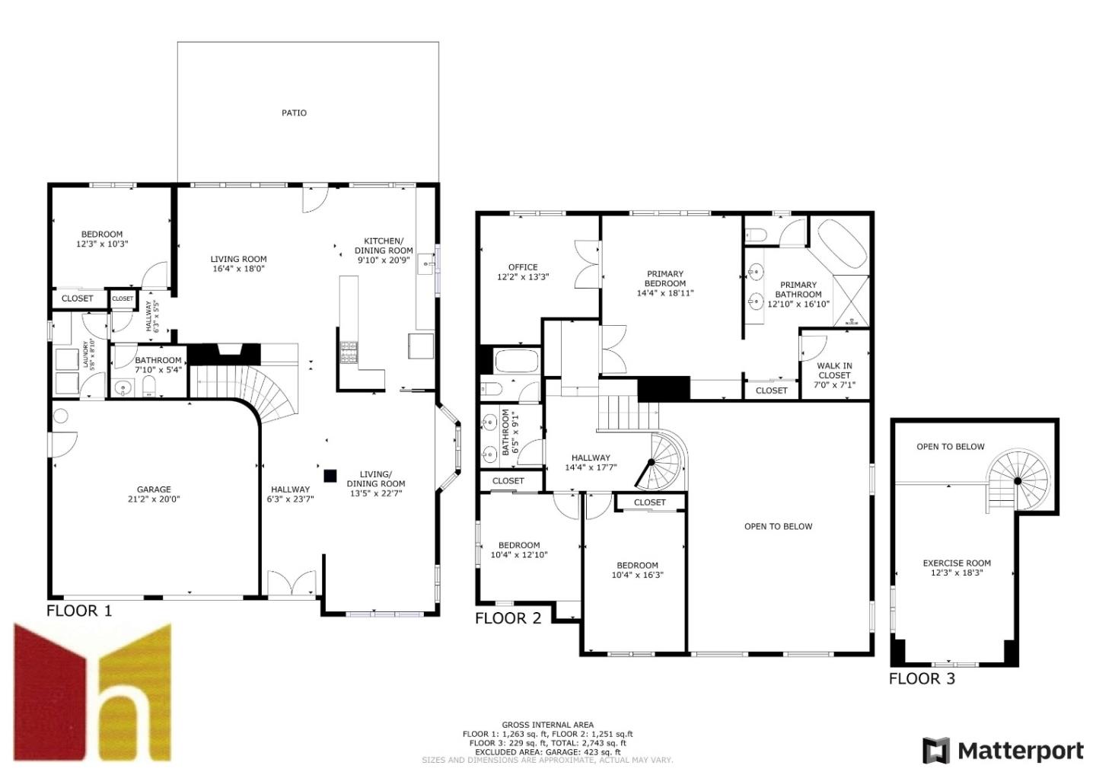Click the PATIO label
(x=294, y=113)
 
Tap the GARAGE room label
(x=154, y=490)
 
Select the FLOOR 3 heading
(x=922, y=678)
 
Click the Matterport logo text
(x=1020, y=751)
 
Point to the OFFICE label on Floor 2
(x=523, y=267)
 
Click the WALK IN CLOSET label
(x=834, y=371)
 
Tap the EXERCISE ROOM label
(x=957, y=563)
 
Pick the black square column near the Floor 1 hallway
(x=330, y=476)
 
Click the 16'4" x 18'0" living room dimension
(x=238, y=269)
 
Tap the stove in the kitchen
(x=349, y=352)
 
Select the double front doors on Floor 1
(x=292, y=582)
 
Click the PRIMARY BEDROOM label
(x=665, y=279)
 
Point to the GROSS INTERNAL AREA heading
(x=547, y=725)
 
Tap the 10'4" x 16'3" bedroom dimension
(x=637, y=576)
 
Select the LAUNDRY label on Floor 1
(x=85, y=355)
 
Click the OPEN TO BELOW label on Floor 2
(x=778, y=526)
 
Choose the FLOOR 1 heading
(x=79, y=611)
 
